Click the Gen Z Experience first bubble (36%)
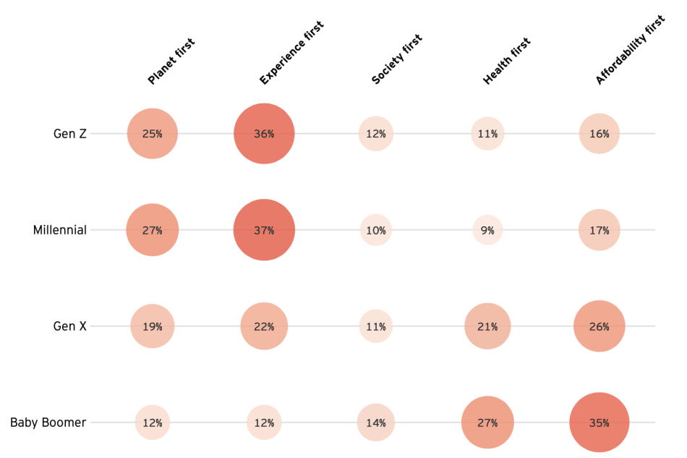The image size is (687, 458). pos(264,134)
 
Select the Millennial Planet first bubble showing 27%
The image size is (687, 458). pos(152,230)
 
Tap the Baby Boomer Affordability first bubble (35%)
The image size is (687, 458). pos(599,423)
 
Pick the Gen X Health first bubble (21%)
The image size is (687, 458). pos(487,326)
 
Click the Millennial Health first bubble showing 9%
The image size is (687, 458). pos(487,230)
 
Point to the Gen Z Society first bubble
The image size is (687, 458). pos(375,134)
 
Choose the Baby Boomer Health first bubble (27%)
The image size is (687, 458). pos(487,423)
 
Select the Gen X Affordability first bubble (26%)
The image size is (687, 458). pos(599,326)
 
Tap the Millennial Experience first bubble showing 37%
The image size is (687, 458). pos(264,230)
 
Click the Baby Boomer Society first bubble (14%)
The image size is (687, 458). pos(375,423)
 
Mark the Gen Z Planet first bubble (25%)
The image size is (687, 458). pos(152,134)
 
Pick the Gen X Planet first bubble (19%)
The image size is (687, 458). pos(152,326)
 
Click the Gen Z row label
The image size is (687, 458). pos(69,134)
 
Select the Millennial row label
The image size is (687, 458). pos(59,230)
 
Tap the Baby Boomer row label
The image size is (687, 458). pos(48,423)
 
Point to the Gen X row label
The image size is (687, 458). pos(69,326)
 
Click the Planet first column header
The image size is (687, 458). pos(171,62)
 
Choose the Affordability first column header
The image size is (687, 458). pos(629,49)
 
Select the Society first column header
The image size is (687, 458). pos(396,59)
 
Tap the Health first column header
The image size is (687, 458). pos(507,62)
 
